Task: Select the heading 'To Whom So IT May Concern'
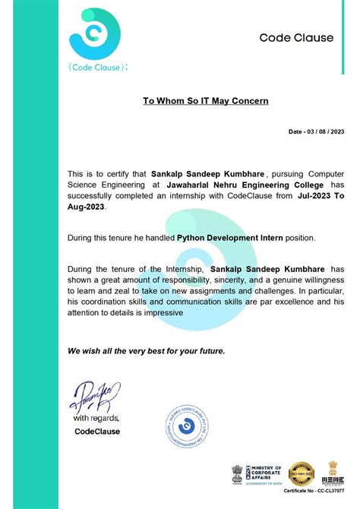205,100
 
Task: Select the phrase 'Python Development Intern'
229,238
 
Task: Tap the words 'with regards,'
96,418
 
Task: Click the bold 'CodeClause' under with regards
97,432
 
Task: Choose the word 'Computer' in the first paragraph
323,173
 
